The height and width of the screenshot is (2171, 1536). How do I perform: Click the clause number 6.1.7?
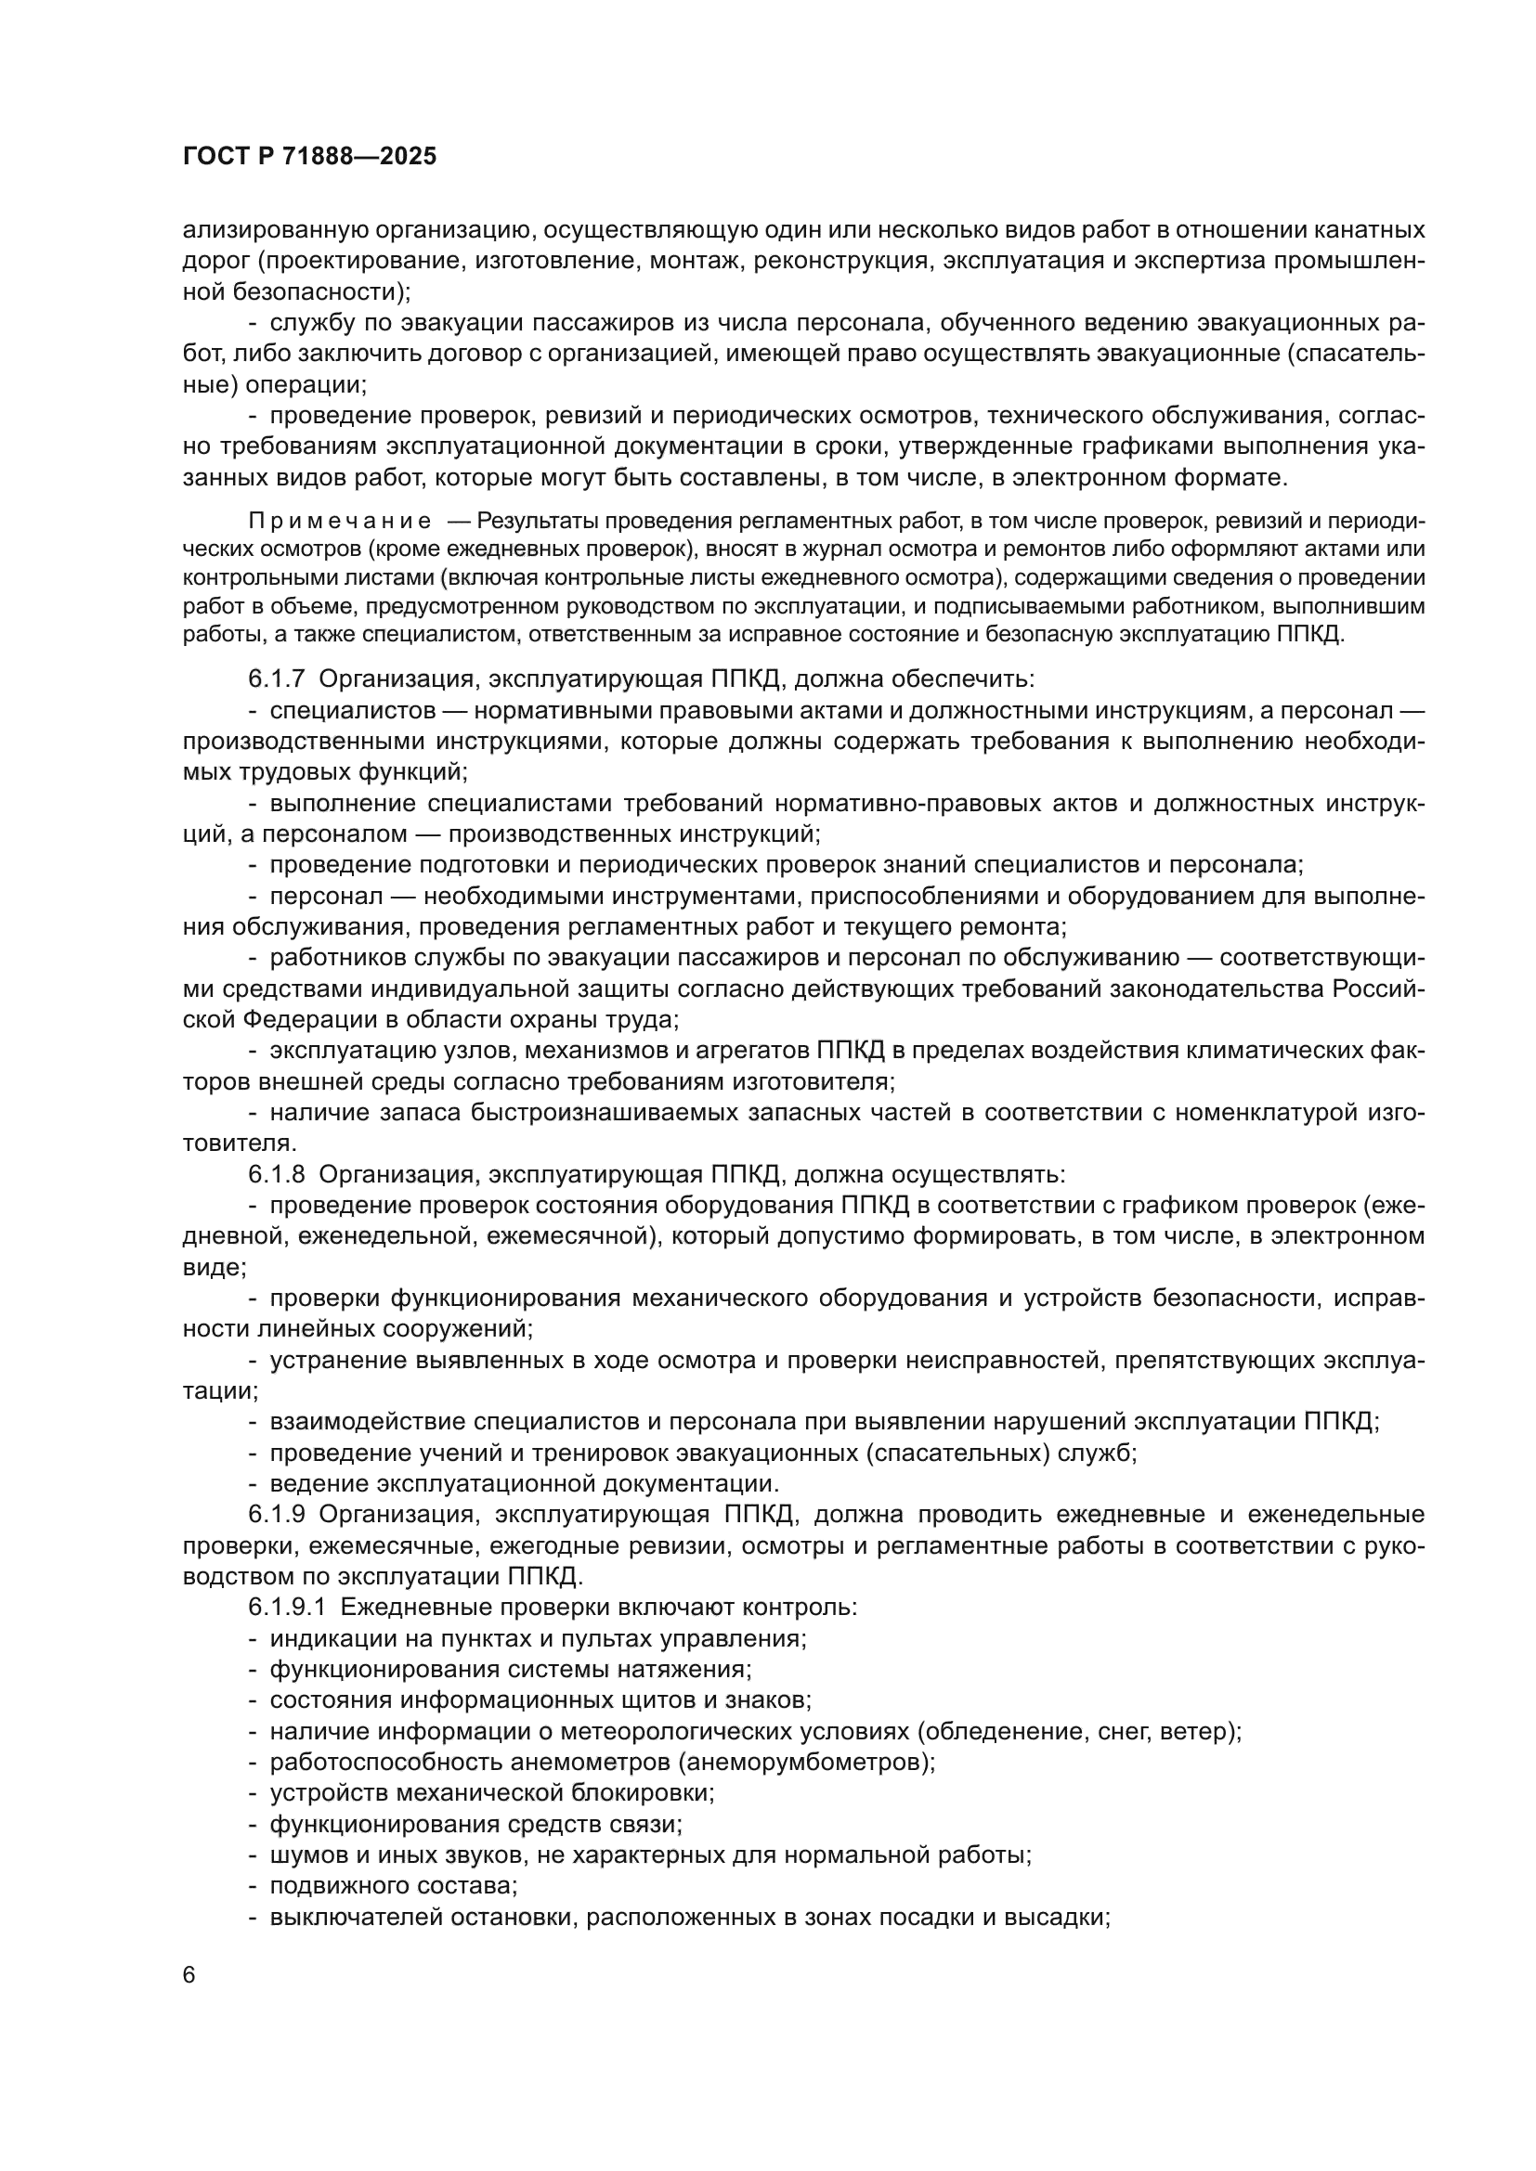pos(277,678)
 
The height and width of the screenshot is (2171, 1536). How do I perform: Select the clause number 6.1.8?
pos(277,1174)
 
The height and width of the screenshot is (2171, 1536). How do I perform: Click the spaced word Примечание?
pos(340,521)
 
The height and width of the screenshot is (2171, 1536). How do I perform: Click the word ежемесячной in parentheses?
pos(557,1236)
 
